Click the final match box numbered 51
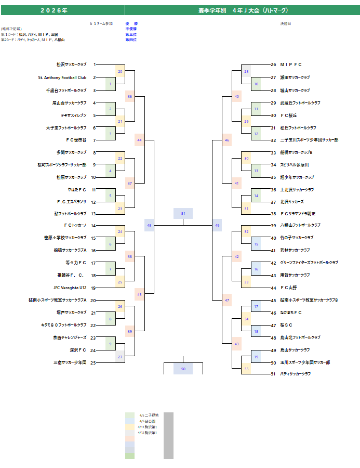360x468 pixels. pos(183,214)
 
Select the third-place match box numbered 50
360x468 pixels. pos(183,369)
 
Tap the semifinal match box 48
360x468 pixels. pos(150,225)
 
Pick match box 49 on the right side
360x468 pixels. pos(217,225)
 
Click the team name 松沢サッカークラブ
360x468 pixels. pos(71,65)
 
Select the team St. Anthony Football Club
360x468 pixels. pos(62,77)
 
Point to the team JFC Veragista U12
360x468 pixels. pos(70,288)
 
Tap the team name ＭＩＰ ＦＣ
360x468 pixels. pos(291,65)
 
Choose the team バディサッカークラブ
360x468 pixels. pos(295,374)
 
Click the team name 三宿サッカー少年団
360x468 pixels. pos(70,362)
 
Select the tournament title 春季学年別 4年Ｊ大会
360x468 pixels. pos(243,10)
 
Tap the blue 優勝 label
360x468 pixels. pos(131,24)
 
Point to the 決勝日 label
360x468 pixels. pos(286,24)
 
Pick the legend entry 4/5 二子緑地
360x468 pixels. pos(149,415)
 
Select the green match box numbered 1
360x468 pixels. pos(110,84)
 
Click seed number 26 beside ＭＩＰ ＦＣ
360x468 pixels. pos(273,65)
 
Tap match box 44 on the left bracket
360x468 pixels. pos(139,140)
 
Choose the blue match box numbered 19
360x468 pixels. pos(256,357)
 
